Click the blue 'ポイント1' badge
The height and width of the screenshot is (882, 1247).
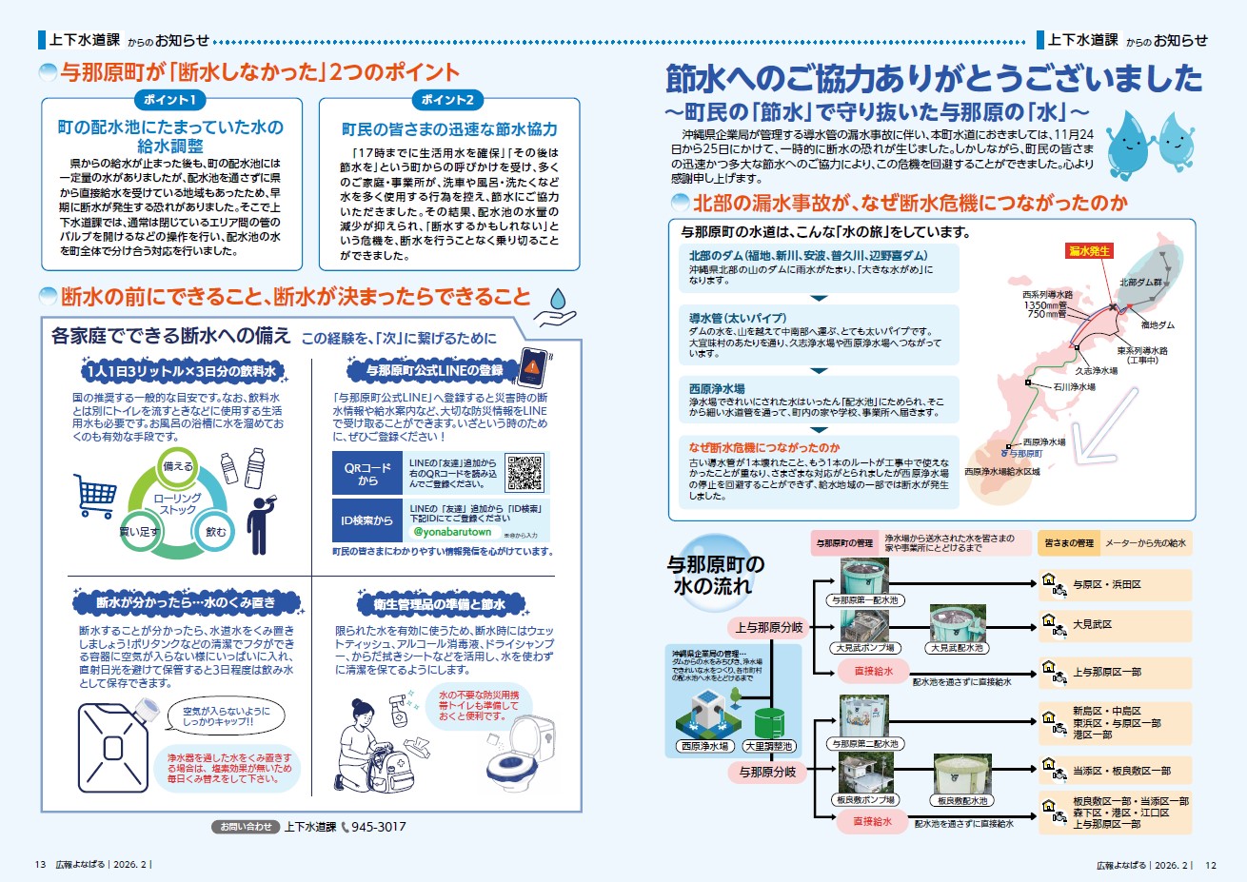click(x=169, y=100)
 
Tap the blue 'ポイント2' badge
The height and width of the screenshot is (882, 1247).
click(x=447, y=100)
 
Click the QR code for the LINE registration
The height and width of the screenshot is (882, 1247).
click(x=524, y=472)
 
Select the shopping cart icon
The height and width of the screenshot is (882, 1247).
click(x=95, y=495)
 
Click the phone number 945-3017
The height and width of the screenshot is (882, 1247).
click(x=378, y=827)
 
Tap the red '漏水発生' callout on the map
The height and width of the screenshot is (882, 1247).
click(x=1089, y=251)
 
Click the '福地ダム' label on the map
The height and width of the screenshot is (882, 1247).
click(x=1158, y=325)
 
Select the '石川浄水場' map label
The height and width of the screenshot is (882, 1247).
click(x=1074, y=387)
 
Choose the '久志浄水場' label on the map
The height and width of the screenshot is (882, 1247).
click(x=1096, y=371)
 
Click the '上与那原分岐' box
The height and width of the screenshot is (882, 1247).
click(x=769, y=627)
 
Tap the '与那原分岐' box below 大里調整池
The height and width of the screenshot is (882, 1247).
click(x=767, y=772)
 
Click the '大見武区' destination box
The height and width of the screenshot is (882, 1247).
click(x=1114, y=625)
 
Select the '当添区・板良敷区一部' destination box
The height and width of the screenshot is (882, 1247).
click(x=1114, y=770)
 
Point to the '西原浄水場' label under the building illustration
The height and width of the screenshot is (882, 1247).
click(x=704, y=747)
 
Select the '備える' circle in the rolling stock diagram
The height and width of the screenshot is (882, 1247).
click(x=178, y=466)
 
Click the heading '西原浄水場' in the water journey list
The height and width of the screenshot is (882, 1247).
click(x=717, y=389)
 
